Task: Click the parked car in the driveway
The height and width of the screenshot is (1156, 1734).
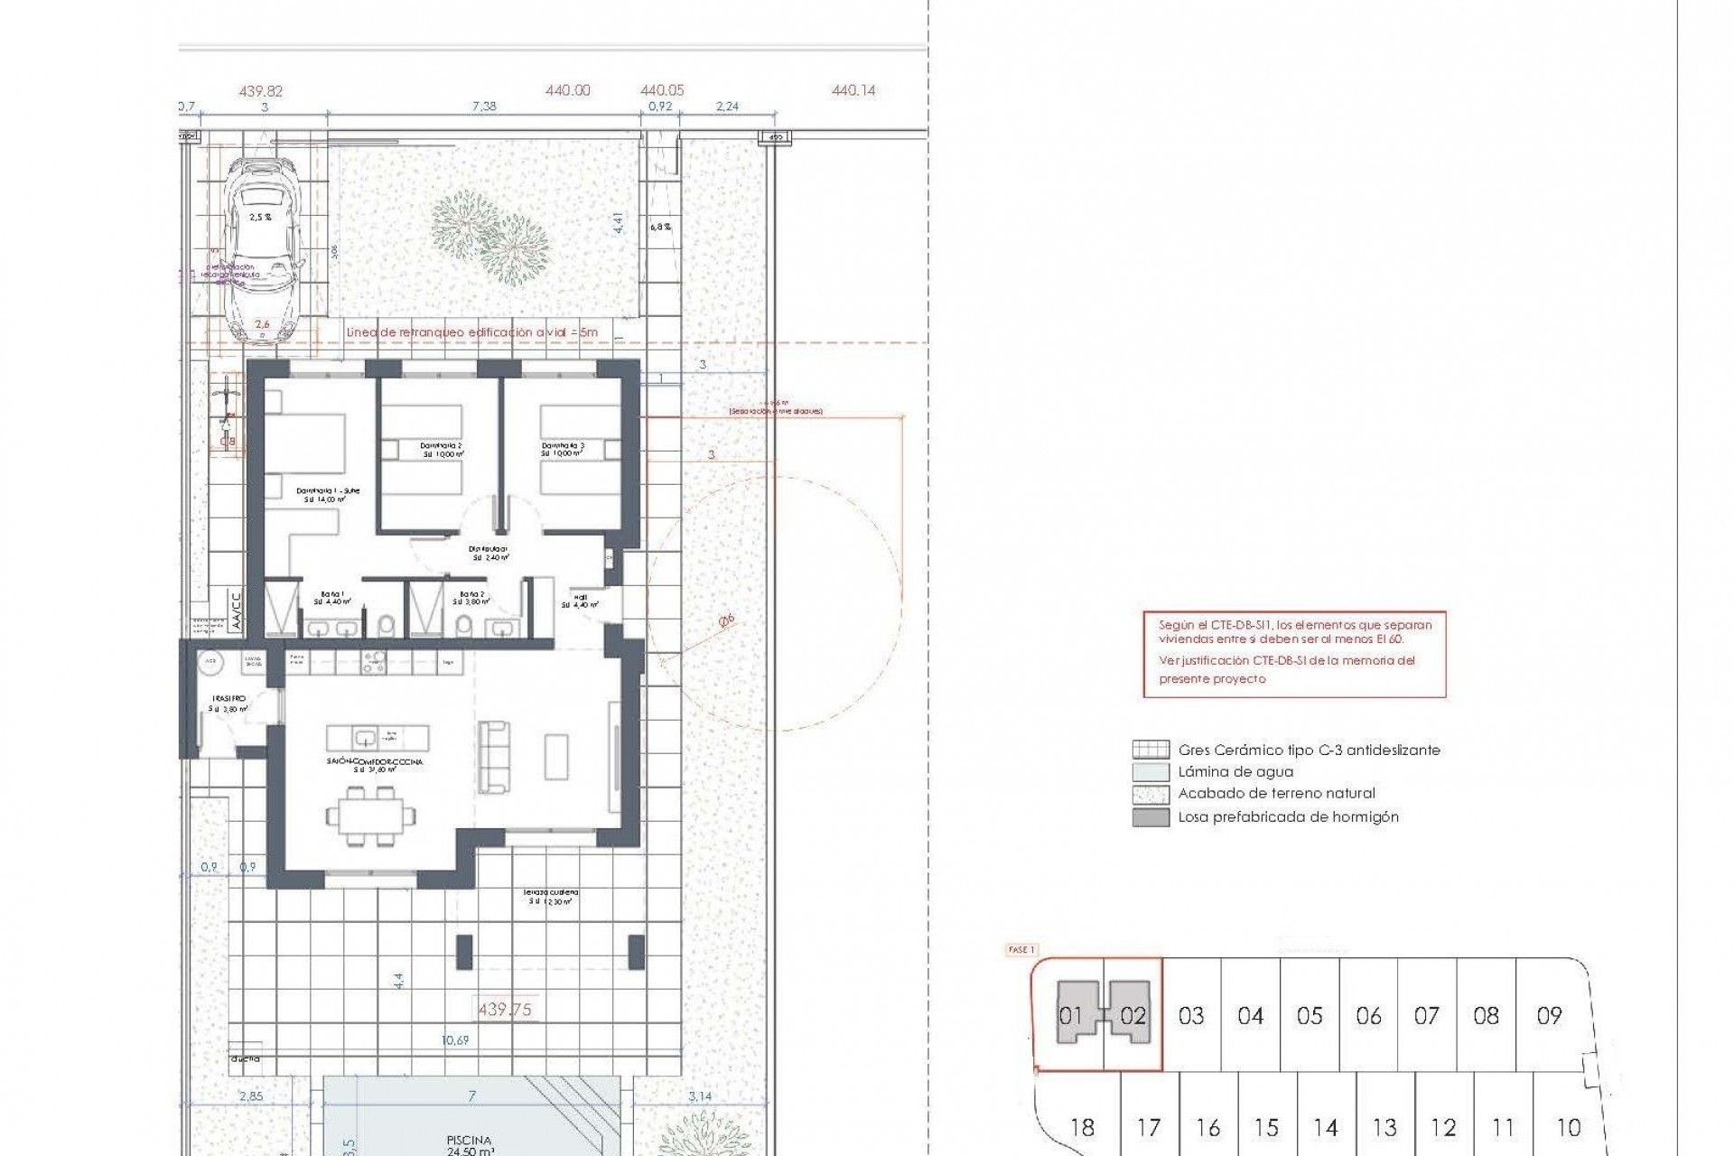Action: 261,250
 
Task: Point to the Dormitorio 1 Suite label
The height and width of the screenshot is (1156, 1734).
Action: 328,494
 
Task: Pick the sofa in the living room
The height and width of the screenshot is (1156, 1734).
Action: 494,757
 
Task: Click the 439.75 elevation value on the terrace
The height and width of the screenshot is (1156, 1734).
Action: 504,1010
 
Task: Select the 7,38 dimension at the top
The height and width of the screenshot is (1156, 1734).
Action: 484,107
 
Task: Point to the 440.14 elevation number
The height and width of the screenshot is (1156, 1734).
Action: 853,90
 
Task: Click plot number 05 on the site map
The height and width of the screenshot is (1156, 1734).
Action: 1310,1016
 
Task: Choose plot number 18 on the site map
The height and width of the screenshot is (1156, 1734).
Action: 1081,1128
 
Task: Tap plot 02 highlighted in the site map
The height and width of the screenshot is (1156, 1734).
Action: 1133,1015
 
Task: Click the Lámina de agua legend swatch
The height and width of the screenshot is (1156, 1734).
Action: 1144,772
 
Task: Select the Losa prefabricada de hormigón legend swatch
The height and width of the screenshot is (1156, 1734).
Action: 1144,817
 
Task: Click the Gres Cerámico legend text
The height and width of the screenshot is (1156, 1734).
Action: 1309,750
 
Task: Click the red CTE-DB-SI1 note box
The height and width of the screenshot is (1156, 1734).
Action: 1294,652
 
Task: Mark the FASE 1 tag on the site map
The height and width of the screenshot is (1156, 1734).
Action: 1021,950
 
